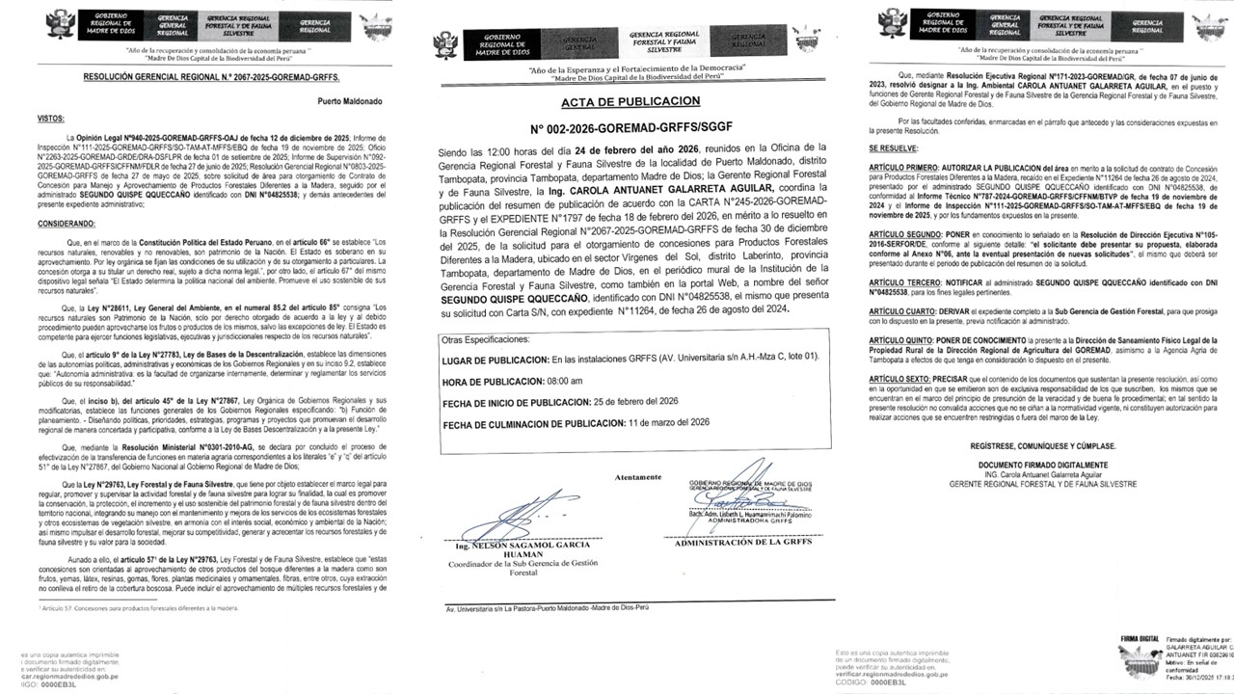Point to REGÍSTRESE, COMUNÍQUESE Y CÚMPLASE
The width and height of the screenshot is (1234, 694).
point(1047,447)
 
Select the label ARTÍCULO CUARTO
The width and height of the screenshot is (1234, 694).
point(907,310)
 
